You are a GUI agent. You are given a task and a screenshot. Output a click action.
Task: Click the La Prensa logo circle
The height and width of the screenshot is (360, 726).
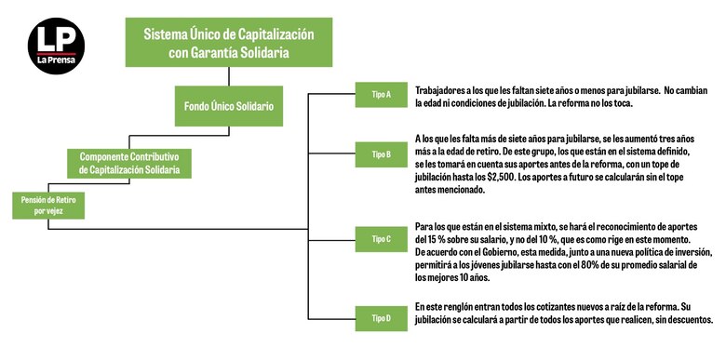coord(56,48)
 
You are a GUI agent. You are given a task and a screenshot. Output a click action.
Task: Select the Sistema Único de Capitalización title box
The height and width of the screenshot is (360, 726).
coord(228,44)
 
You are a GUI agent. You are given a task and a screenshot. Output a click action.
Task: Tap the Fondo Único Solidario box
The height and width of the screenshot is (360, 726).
coord(228,107)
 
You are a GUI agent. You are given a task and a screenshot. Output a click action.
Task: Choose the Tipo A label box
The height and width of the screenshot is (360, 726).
coord(382,94)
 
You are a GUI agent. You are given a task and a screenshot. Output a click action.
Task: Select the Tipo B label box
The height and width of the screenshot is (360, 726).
coord(382,153)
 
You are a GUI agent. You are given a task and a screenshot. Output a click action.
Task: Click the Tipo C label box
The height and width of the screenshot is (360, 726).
coord(382,239)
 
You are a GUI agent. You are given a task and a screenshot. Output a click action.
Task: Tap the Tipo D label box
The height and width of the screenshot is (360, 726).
coord(382,318)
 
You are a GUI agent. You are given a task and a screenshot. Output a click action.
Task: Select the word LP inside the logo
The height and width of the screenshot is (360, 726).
coord(56,39)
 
